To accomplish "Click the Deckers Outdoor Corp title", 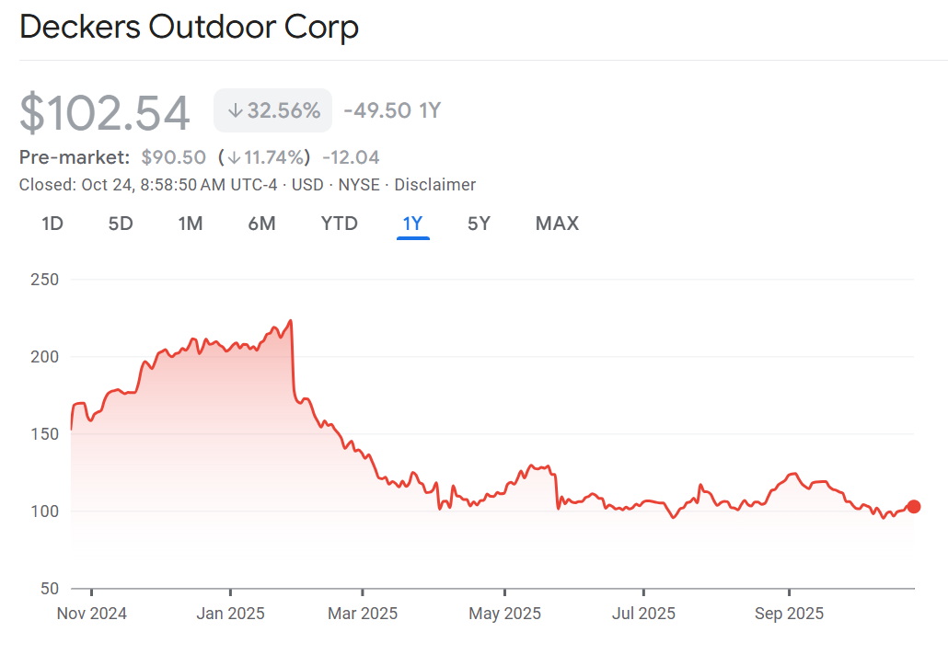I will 189,28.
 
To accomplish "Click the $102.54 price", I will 105,113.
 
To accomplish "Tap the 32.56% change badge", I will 273,111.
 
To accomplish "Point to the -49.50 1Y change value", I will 392,111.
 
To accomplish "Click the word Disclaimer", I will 435,185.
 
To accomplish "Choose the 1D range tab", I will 52,224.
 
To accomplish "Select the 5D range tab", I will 121,224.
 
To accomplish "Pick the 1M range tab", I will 191,224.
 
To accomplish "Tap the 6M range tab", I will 261,224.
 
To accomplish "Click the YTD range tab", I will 339,224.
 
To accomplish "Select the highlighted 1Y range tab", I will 412,224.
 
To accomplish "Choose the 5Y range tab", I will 479,224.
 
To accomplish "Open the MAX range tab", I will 557,224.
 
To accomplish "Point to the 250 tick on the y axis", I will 45,279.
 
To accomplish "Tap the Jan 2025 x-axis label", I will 230,614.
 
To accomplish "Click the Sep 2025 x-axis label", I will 789,614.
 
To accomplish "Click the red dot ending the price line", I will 914,506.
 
